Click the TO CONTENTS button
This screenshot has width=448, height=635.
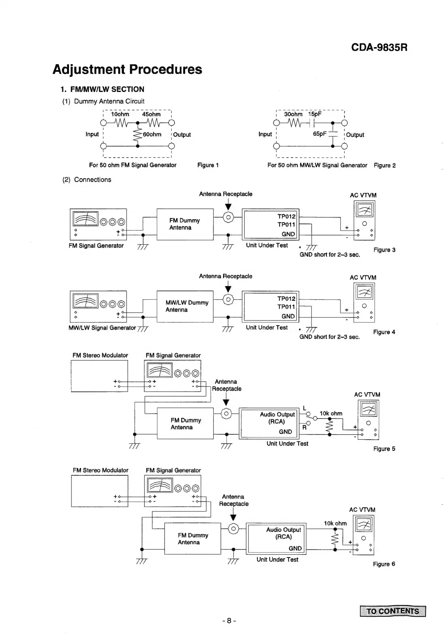393,611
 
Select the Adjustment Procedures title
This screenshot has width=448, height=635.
127,70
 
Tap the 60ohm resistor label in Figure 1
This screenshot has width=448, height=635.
152,134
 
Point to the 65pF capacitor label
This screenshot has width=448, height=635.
320,134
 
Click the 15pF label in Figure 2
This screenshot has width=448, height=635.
315,114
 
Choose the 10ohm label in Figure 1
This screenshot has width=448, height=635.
120,114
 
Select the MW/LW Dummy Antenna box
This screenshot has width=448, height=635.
185,306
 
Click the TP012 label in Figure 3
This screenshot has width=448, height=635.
286,216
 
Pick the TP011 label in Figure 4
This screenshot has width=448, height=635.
286,307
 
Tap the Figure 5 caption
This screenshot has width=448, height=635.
384,449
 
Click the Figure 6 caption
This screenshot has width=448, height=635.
384,564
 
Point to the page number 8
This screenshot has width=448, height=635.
229,621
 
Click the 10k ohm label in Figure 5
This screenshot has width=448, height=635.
331,414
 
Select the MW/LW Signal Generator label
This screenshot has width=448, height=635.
102,328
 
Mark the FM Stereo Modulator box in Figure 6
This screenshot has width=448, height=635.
100,491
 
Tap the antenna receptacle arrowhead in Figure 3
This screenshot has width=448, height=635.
228,207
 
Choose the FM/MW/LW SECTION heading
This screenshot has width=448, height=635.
103,89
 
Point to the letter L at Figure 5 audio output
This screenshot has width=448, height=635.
304,408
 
